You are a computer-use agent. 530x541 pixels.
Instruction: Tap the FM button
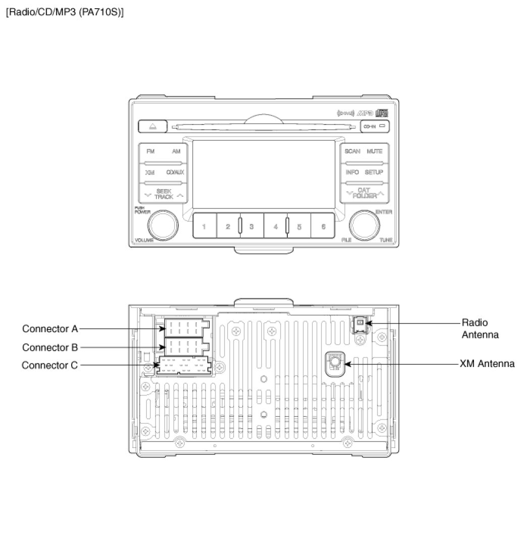151,151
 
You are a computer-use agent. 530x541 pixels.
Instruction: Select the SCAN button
352,151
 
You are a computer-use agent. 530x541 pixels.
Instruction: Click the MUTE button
374,151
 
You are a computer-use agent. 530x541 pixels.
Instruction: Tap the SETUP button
374,172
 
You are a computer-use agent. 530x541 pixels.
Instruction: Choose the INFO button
352,172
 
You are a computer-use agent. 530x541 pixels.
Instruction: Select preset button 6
324,226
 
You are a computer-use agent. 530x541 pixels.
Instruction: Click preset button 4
276,226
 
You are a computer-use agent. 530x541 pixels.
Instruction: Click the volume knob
163,225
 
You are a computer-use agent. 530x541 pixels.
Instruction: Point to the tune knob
364,225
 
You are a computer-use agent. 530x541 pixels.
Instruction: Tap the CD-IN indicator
375,126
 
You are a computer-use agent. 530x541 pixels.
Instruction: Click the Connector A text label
50,329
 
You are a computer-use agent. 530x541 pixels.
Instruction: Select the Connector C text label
50,365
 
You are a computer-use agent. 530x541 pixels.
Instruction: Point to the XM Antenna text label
487,363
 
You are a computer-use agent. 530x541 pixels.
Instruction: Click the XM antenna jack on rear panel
334,363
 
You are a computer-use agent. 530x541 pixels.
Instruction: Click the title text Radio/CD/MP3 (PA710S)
64,11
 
